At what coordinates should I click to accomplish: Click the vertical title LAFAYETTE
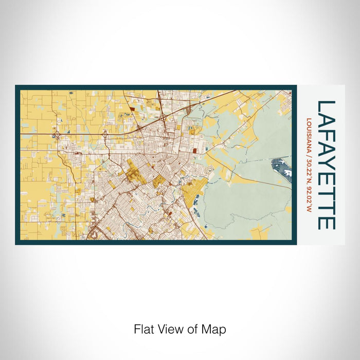[326, 165]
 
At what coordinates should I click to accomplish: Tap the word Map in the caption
[215, 329]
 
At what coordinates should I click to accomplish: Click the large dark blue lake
[281, 167]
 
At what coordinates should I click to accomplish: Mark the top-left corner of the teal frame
[16, 86]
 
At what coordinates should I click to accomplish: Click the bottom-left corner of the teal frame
[16, 243]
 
